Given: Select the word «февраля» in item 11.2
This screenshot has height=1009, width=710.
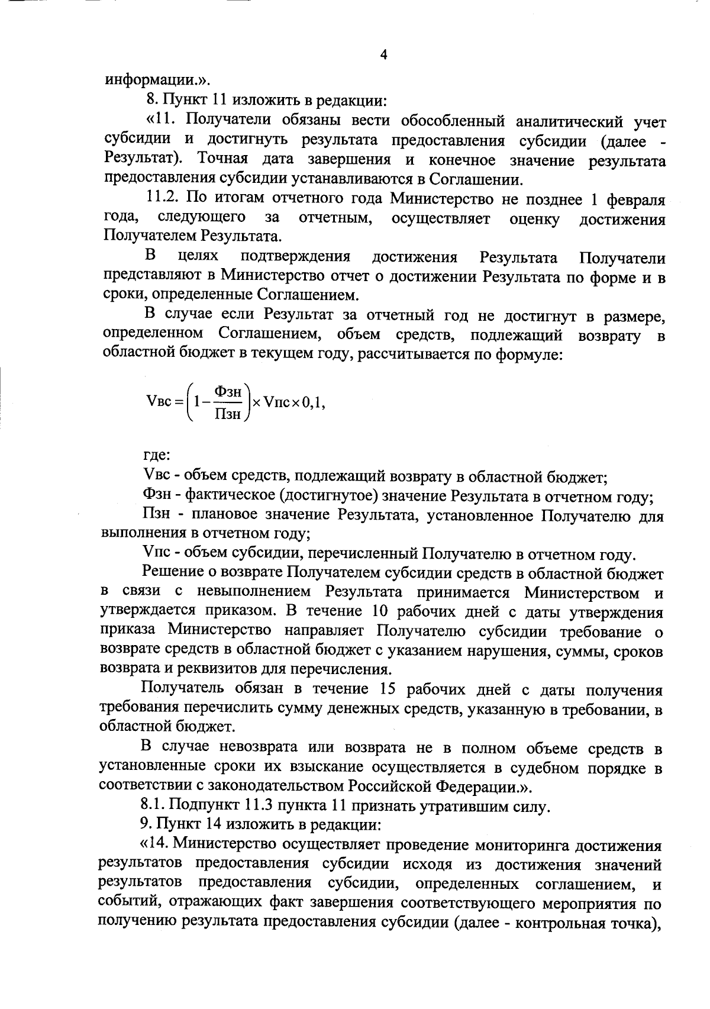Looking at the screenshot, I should (636, 199).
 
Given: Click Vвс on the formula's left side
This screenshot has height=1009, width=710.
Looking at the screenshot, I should (158, 402).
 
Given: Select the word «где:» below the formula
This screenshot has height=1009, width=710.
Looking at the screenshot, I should (157, 456).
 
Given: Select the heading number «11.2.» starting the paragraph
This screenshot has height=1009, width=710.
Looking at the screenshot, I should (163, 199).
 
